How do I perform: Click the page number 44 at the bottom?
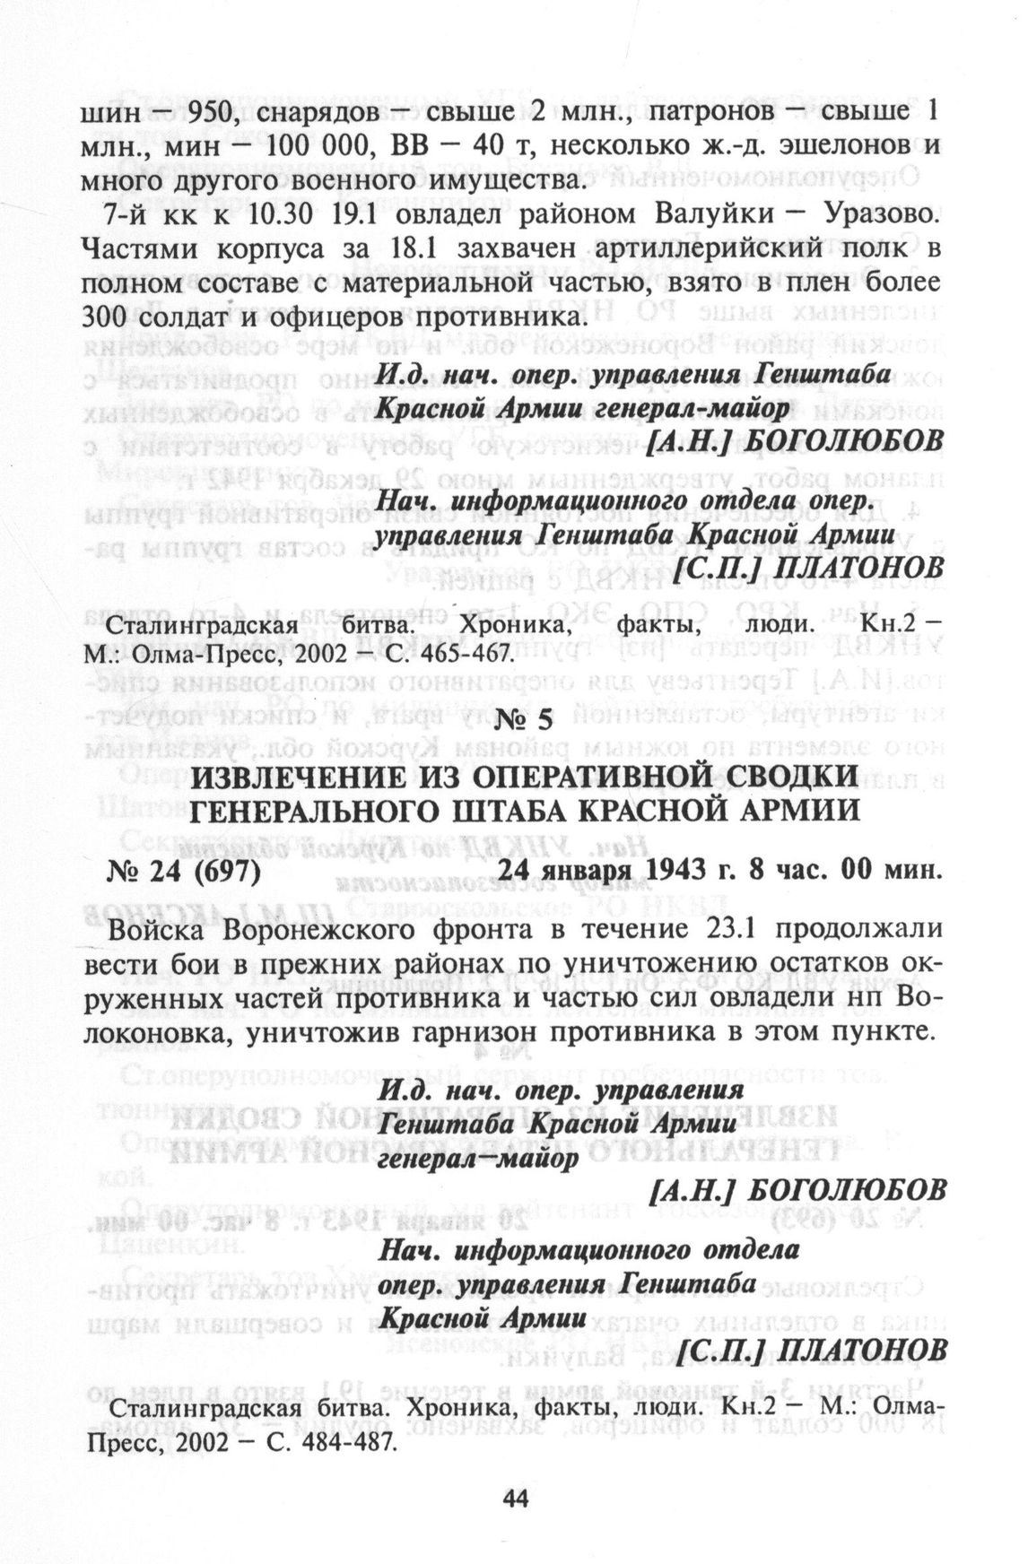click(514, 1495)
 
